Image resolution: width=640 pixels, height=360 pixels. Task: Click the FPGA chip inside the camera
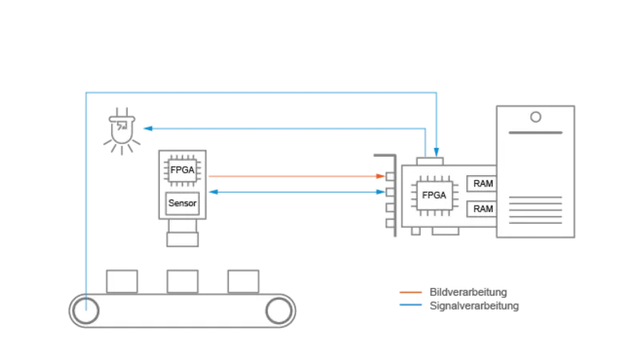pyautogui.click(x=182, y=170)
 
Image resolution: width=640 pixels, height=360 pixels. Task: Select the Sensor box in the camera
pyautogui.click(x=182, y=203)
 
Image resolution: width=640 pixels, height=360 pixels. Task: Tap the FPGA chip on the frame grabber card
pyautogui.click(x=434, y=195)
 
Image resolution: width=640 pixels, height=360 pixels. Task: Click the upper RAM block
pyautogui.click(x=482, y=184)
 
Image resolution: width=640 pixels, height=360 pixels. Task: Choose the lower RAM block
pyautogui.click(x=482, y=209)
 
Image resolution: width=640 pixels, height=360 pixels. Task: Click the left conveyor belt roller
pyautogui.click(x=85, y=310)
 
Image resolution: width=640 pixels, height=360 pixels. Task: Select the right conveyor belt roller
pyautogui.click(x=279, y=310)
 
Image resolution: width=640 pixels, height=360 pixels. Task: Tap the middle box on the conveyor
pyautogui.click(x=182, y=281)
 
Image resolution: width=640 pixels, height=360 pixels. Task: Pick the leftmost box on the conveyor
pyautogui.click(x=122, y=281)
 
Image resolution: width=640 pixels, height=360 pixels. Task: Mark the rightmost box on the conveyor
pyautogui.click(x=243, y=281)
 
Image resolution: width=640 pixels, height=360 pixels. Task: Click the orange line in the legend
pyautogui.click(x=412, y=291)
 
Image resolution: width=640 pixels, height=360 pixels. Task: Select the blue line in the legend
pyautogui.click(x=412, y=304)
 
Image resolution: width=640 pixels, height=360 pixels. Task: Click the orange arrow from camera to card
pyautogui.click(x=296, y=176)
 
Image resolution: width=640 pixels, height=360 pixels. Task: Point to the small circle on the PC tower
pyautogui.click(x=535, y=117)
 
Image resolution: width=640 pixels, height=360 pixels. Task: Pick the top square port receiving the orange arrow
pyautogui.click(x=390, y=177)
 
